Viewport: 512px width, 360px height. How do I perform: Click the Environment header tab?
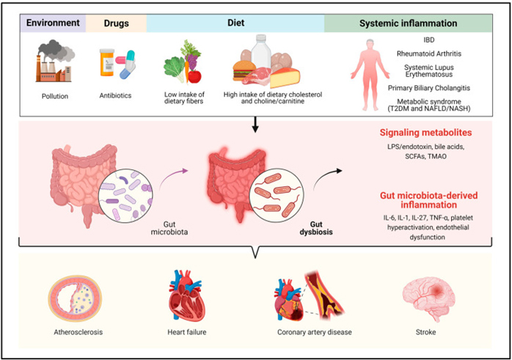click(x=53, y=23)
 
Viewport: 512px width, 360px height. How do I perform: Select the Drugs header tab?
click(x=116, y=23)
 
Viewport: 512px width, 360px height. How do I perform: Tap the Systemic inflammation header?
click(x=408, y=23)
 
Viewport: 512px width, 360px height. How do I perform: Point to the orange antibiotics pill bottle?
click(x=107, y=62)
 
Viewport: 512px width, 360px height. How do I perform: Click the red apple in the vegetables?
click(x=194, y=77)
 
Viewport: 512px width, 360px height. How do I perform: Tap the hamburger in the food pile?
click(x=244, y=71)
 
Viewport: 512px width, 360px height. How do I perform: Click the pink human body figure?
click(x=370, y=75)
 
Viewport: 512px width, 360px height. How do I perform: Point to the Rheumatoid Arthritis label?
click(x=428, y=54)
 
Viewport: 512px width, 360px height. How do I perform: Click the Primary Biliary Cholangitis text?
click(x=428, y=88)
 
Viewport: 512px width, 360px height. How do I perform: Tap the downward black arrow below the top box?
click(x=255, y=125)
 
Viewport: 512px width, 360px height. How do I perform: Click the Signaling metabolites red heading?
click(x=425, y=133)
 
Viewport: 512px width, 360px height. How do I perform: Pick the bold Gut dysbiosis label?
click(x=316, y=228)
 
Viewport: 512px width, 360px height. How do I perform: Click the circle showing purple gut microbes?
click(x=125, y=196)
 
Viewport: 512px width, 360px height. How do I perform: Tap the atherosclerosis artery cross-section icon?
click(x=75, y=298)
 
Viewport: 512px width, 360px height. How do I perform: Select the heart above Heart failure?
click(x=187, y=295)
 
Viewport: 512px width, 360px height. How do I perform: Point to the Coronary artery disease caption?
click(x=315, y=332)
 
